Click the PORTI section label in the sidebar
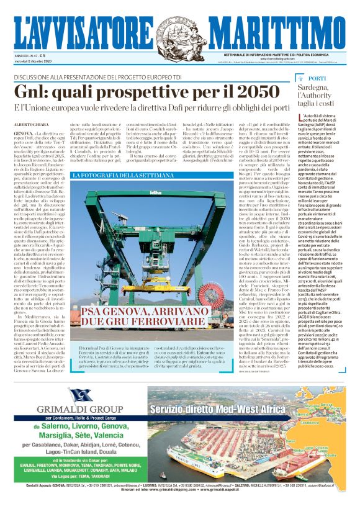tap(317, 79)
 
